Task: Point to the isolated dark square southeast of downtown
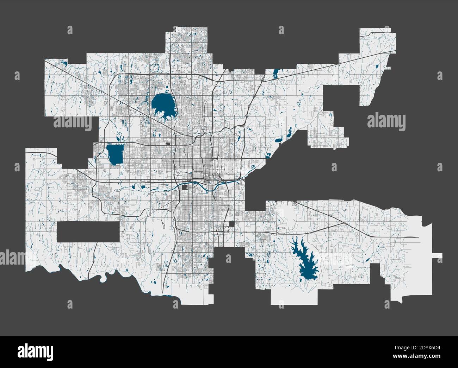pyautogui.click(x=232, y=224)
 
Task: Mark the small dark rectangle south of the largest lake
pyautogui.click(x=168, y=144)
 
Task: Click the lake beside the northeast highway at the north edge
pyautogui.click(x=275, y=74)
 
